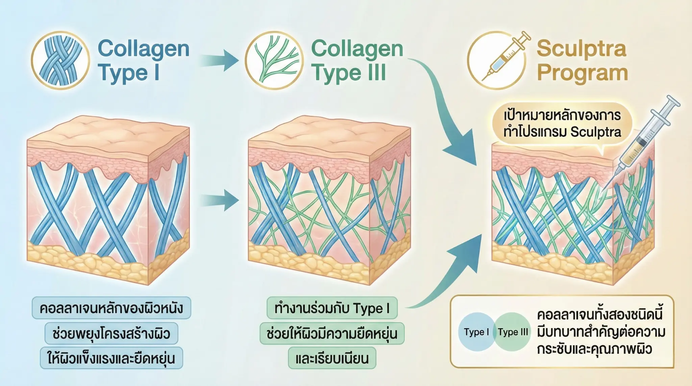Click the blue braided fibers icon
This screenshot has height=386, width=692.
[x=60, y=60]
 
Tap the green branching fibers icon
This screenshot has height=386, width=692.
[x=274, y=60]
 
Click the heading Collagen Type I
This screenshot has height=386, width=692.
[x=143, y=60]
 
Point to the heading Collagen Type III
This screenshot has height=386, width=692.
[x=357, y=60]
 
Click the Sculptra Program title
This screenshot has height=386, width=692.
[x=582, y=60]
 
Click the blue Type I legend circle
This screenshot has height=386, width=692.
[x=476, y=332]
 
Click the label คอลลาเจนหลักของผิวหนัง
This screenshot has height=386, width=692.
[x=112, y=308]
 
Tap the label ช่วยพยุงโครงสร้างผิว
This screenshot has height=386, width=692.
[x=112, y=333]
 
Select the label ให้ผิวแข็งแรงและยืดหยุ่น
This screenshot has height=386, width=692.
[x=112, y=358]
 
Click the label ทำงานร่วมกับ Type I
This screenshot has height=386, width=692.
[x=332, y=308]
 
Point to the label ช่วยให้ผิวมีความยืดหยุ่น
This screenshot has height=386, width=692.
[x=332, y=333]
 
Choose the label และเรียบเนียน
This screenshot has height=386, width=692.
[x=332, y=358]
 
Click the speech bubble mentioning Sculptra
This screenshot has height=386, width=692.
[x=562, y=124]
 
